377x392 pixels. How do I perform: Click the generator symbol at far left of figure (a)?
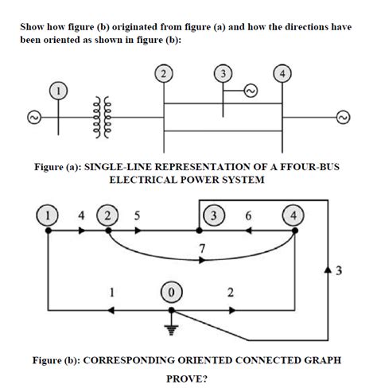(33, 118)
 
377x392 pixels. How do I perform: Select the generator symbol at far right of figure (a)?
(344, 118)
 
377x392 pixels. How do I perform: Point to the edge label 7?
(202, 249)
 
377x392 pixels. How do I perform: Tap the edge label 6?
(249, 215)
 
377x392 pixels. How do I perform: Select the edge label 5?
(137, 215)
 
